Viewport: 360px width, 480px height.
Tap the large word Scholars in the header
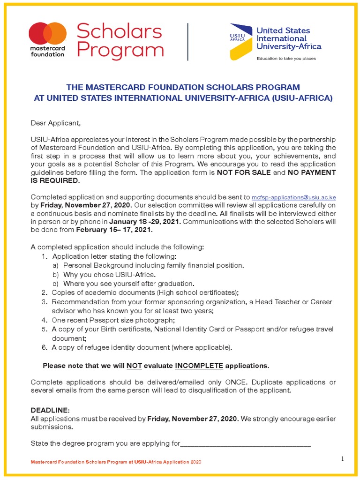(119, 31)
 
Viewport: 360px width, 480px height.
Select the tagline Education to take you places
(285, 59)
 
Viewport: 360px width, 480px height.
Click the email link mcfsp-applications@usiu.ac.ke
(294, 198)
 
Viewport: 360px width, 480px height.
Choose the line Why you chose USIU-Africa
(104, 274)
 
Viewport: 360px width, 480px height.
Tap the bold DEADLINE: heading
(50, 410)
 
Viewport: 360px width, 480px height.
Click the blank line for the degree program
(246, 443)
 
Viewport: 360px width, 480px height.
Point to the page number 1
(343, 458)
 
